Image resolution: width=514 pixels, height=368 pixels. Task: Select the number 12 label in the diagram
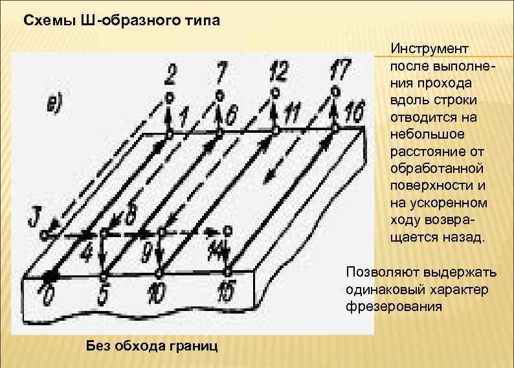coord(278,69)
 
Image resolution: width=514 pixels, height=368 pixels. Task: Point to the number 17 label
coord(341,68)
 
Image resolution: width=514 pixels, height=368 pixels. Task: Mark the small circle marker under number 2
coord(169,97)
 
